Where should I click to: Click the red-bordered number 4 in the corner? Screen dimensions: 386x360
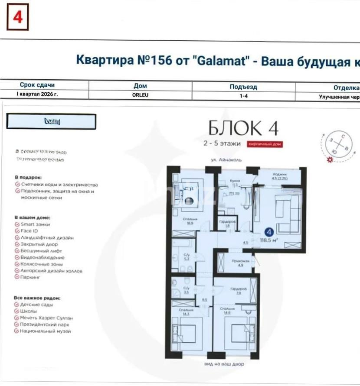coord(17,17)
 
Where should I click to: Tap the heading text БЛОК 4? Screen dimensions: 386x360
coord(243,128)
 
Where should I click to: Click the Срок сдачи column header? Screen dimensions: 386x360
coord(37,85)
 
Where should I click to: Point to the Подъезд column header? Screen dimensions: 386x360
coord(243,87)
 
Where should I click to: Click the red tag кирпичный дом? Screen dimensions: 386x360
coord(265,144)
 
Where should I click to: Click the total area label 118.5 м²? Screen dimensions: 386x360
coord(269,239)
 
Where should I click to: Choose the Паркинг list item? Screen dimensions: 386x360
coord(30,277)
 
